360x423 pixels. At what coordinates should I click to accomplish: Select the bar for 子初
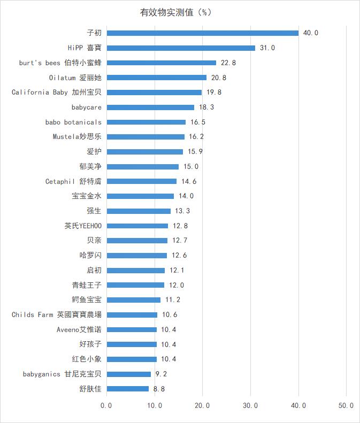point(202,33)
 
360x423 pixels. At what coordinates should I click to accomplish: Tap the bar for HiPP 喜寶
point(181,48)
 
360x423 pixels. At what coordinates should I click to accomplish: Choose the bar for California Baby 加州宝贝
point(154,93)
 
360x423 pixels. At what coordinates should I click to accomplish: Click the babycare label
point(86,107)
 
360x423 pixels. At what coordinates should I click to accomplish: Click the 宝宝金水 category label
point(86,196)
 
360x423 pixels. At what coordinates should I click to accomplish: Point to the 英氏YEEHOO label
point(82,226)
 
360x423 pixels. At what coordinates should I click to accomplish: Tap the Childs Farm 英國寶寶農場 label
point(56,314)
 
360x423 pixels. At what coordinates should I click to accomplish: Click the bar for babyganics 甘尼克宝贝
point(128,374)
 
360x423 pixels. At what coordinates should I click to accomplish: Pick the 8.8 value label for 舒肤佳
point(159,389)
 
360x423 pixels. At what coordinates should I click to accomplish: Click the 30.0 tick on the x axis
point(250,406)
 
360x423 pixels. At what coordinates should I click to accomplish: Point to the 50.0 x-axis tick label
point(346,406)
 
